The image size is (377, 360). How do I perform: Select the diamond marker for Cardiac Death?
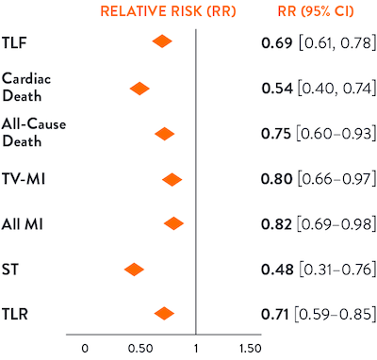click(139, 89)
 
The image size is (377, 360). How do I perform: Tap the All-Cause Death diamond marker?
click(164, 134)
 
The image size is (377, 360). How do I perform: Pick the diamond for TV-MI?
click(172, 179)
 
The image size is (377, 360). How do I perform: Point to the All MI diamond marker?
click(173, 223)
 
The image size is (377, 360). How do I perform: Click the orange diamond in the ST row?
click(134, 270)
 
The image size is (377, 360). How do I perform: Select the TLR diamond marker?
click(164, 314)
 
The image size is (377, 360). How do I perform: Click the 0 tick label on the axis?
click(85, 349)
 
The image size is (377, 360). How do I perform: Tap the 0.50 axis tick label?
click(139, 349)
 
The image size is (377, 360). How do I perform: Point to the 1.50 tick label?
click(250, 349)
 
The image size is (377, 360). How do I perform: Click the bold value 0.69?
click(276, 43)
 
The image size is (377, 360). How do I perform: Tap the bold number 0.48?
click(276, 270)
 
